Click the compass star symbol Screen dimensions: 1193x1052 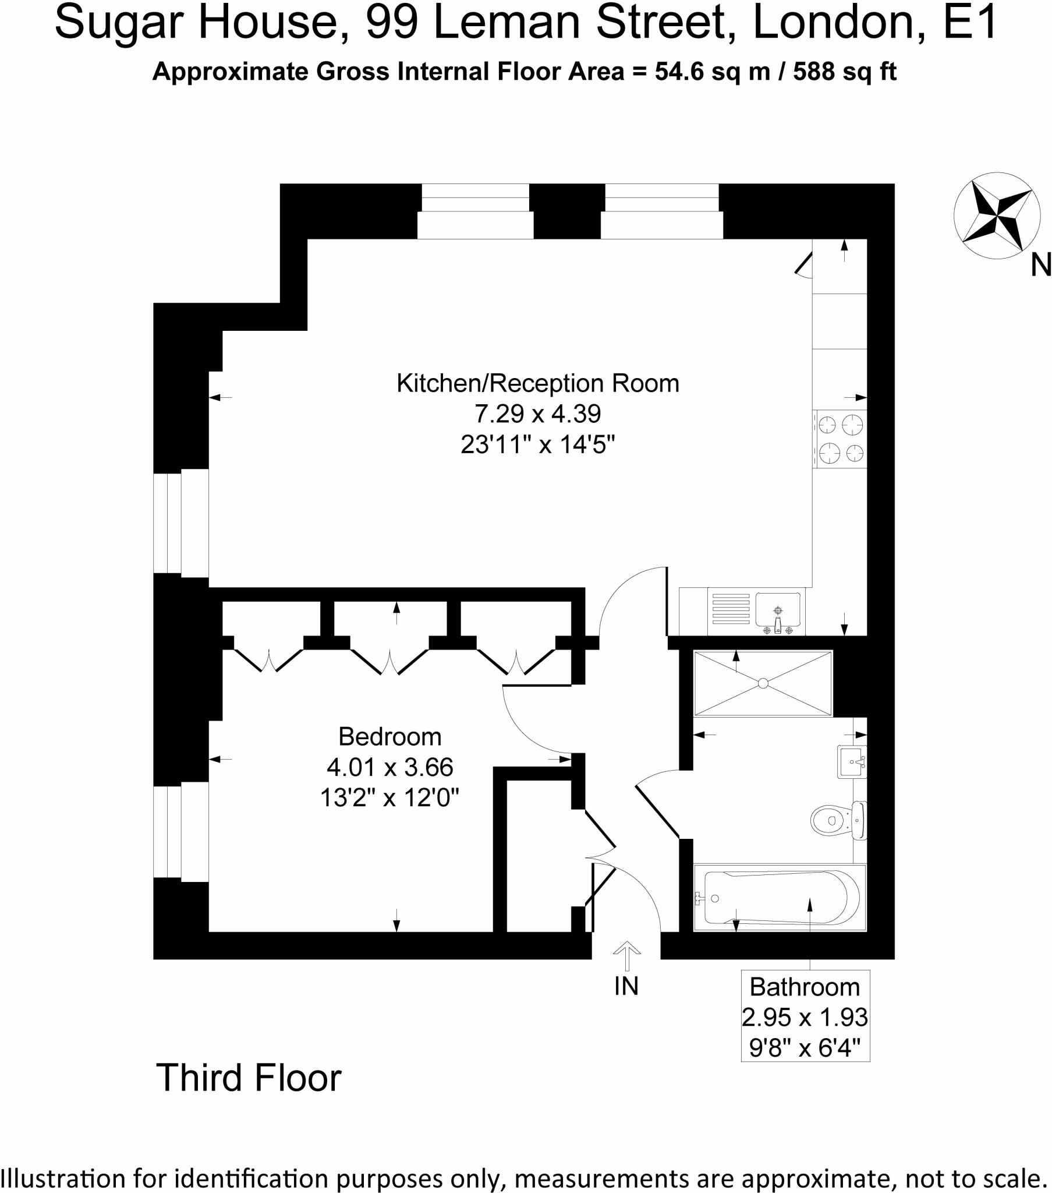[997, 216]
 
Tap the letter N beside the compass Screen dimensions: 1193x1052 [1040, 266]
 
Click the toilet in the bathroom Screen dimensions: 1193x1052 [838, 820]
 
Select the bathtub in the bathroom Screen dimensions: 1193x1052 [780, 898]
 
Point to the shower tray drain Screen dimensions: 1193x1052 [763, 683]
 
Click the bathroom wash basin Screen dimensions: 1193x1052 [852, 761]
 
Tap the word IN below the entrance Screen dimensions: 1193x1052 [626, 986]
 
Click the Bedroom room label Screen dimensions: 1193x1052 [389, 736]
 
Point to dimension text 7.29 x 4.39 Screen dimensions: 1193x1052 [537, 414]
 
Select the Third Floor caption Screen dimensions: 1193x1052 [249, 1078]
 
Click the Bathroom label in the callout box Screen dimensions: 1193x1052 [805, 987]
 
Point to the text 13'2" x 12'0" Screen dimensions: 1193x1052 [389, 797]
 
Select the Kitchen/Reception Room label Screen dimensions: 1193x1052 [537, 383]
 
